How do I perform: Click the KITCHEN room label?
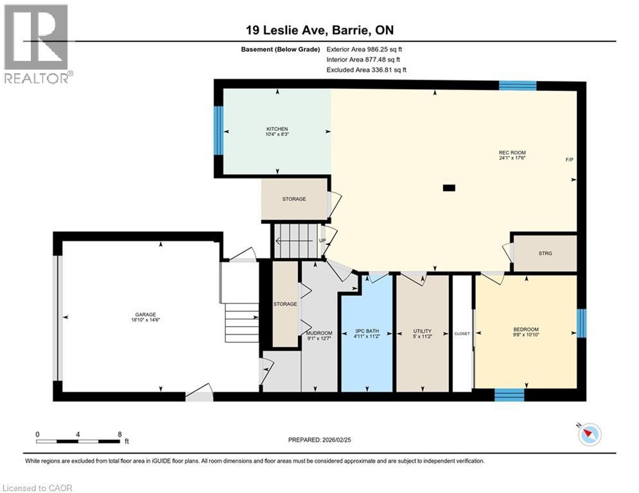277,129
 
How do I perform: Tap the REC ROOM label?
512,152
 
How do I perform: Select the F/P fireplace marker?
569,160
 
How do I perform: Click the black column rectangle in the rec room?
449,188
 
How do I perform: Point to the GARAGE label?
146,315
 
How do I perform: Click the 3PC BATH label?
367,331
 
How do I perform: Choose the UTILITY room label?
422,331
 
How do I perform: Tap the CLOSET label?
462,334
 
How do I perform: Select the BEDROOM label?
526,329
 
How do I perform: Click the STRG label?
545,254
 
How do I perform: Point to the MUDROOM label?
319,333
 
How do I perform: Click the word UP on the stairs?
322,241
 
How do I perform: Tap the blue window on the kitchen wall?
218,130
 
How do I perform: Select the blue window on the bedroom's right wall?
582,323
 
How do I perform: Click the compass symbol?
590,435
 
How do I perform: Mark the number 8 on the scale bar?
120,435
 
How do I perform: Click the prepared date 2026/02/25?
337,440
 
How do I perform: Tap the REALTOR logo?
38,44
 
